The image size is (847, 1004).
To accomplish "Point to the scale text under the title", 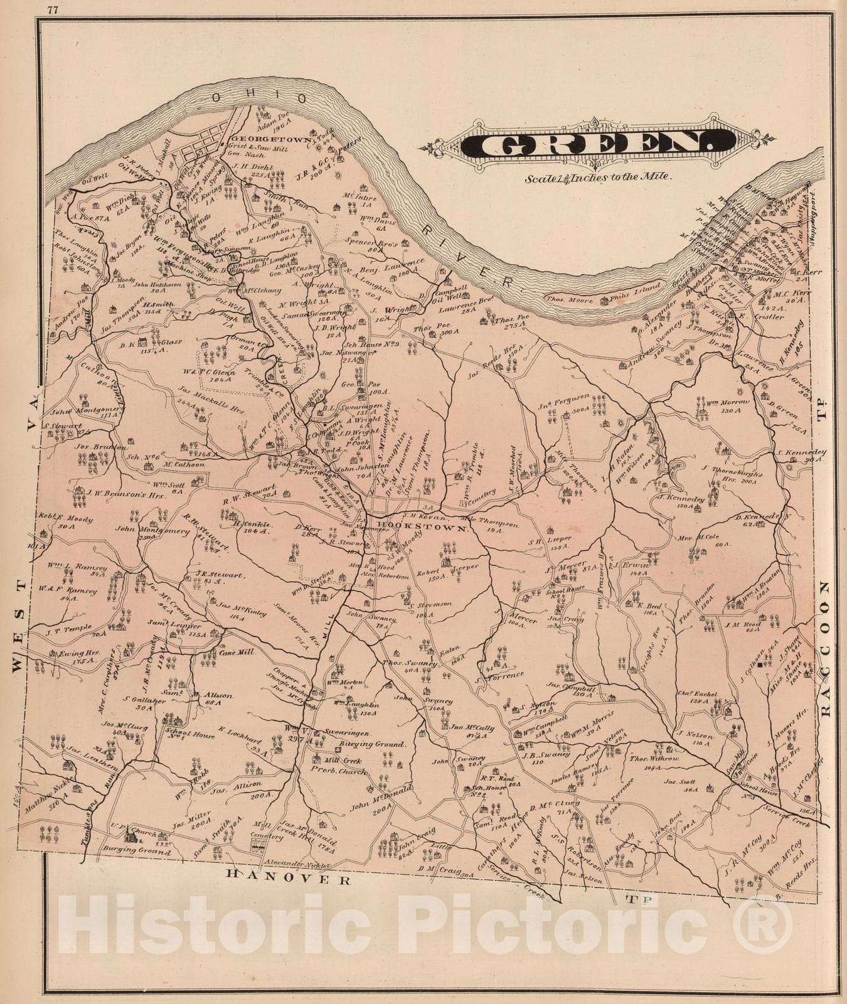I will [x=599, y=177].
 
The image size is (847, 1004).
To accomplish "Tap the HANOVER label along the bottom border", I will [x=288, y=880].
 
